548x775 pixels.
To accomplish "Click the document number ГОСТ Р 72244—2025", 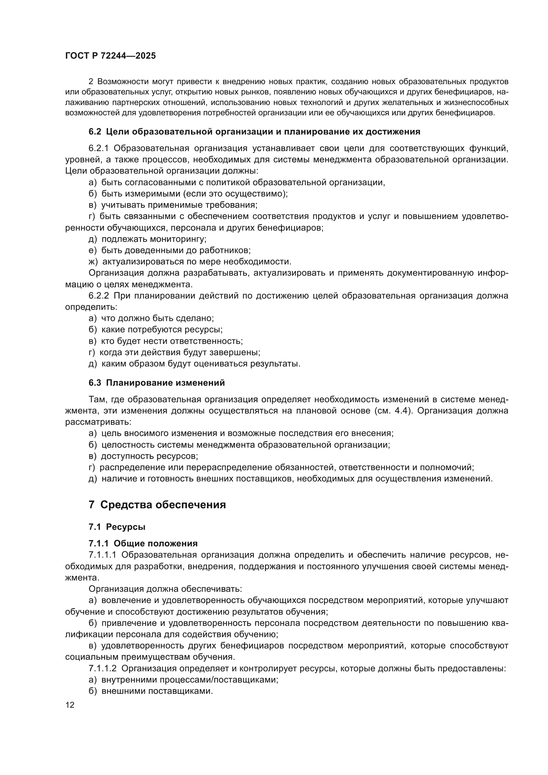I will tap(110, 56).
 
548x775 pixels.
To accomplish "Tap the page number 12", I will tap(70, 705).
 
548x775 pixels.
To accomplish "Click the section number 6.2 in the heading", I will tap(95, 132).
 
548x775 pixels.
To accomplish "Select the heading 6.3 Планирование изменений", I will tap(157, 383).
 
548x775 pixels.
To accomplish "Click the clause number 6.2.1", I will tap(98, 148).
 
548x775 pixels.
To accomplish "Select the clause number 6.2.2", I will tap(98, 296).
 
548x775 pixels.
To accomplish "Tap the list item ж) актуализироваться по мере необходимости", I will tap(190, 262).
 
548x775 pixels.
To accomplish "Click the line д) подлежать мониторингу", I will tap(147, 239).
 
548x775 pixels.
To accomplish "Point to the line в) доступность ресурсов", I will tap(143, 456).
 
